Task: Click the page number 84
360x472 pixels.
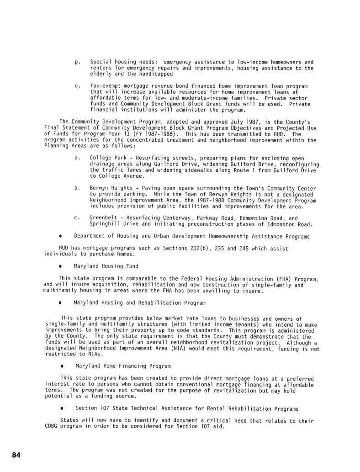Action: pos(16,455)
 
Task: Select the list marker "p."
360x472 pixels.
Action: pos(77,62)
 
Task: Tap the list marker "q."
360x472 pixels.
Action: pos(77,86)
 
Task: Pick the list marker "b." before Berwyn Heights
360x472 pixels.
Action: pos(77,188)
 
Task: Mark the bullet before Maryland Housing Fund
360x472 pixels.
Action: pos(60,266)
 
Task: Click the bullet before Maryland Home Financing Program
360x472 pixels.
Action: pos(61,366)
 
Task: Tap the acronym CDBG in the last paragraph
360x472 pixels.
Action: pos(52,427)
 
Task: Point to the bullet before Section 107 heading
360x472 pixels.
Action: pos(61,408)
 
